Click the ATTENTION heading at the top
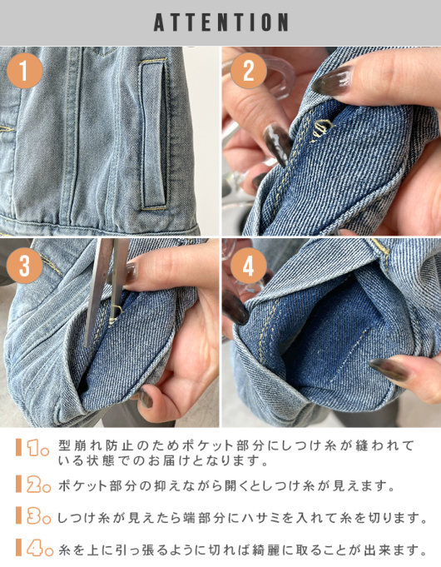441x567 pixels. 220,22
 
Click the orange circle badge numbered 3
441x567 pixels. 25,266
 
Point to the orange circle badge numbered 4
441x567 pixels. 247,266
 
